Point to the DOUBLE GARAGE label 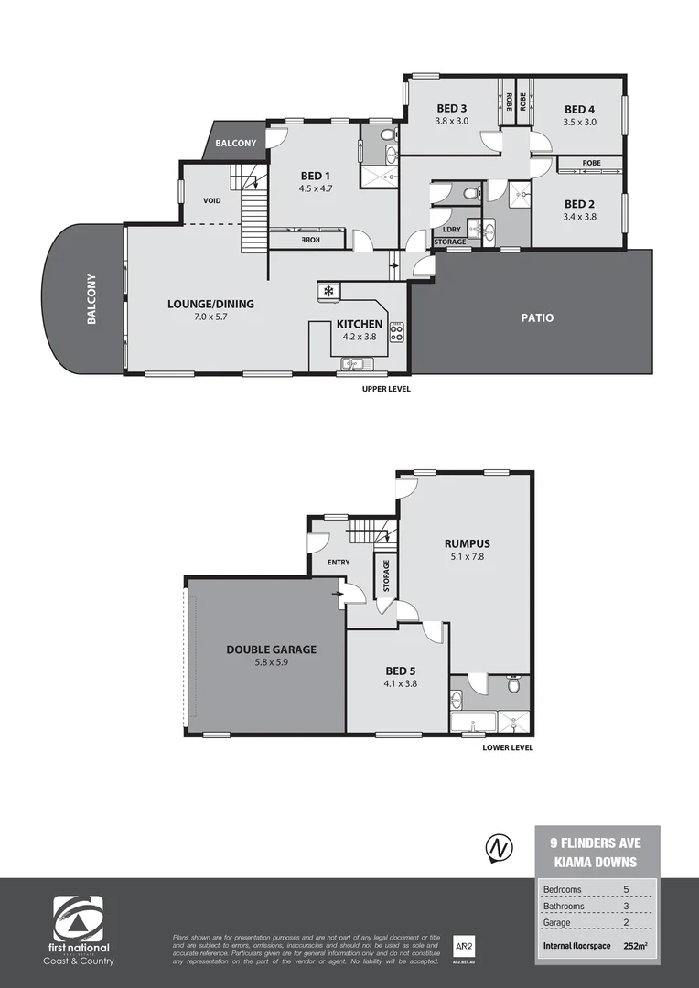tap(271, 650)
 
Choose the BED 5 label tap(401, 670)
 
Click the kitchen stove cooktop tap(397, 332)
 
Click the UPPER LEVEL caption tap(386, 389)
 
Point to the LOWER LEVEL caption tap(508, 747)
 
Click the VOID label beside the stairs tap(212, 200)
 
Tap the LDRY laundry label tap(450, 230)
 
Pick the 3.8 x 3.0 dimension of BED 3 tap(451, 121)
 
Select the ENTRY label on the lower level tap(338, 562)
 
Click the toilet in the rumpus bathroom tap(514, 685)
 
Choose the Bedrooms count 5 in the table tap(626, 889)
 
